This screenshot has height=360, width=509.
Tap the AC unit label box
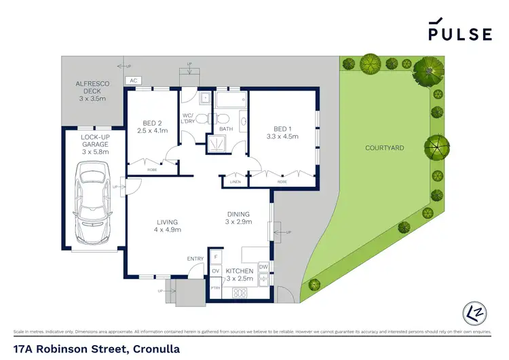coord(132,80)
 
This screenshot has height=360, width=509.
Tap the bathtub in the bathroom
coord(231,103)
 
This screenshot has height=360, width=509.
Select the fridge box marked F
coord(215,257)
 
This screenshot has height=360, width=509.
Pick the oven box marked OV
coord(215,272)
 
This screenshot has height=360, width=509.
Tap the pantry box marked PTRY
coord(215,287)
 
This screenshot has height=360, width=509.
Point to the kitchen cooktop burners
coord(239,293)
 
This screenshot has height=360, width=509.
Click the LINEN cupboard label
coord(235,181)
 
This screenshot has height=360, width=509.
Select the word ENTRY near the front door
coord(195,258)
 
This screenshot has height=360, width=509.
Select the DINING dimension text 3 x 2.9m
coord(239,222)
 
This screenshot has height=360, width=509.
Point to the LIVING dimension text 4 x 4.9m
coord(167,230)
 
